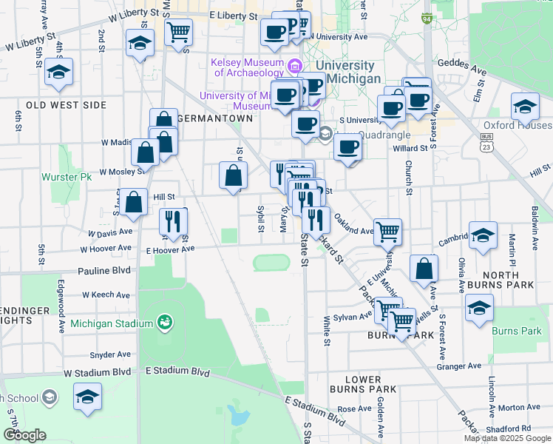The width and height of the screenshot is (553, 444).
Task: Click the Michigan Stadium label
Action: (x=112, y=323)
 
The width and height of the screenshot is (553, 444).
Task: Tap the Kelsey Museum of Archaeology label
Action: (x=248, y=67)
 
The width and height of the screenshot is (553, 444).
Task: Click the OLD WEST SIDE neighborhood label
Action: (x=67, y=105)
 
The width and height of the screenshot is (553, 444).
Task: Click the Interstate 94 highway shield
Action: (x=427, y=18)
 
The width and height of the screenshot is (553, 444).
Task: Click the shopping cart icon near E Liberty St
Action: (x=178, y=33)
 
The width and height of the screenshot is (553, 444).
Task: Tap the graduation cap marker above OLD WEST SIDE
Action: (x=58, y=73)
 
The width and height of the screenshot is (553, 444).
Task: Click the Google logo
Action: (x=24, y=435)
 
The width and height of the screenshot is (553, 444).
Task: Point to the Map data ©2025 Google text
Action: (x=506, y=438)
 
